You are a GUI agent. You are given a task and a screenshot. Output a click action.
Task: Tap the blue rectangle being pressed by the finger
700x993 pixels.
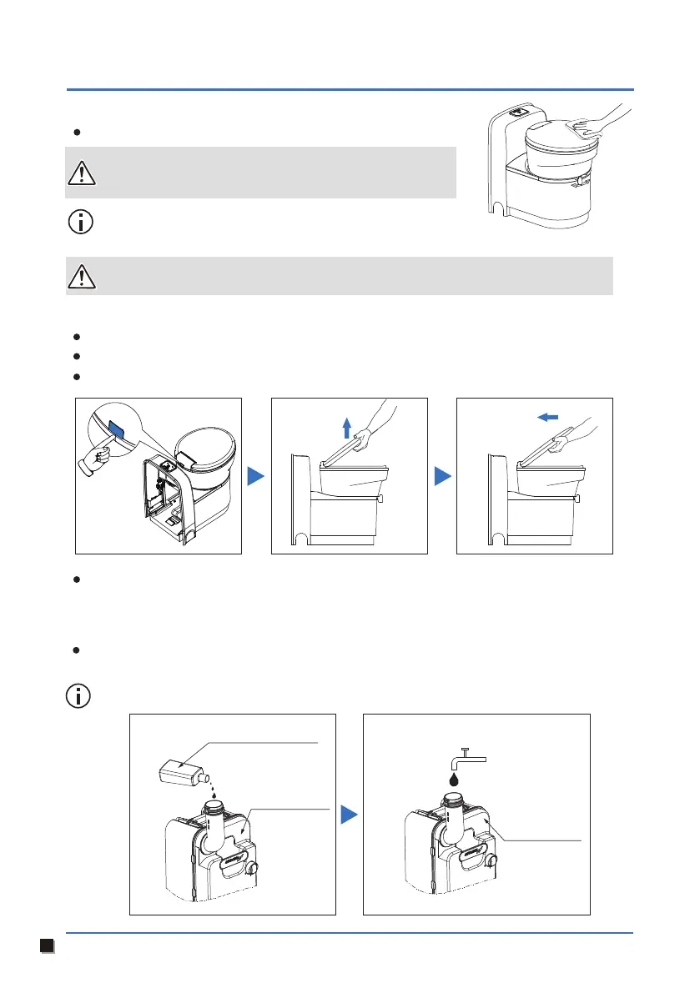pos(116,432)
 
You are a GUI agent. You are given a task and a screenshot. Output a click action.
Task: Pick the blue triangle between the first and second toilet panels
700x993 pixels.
pos(257,476)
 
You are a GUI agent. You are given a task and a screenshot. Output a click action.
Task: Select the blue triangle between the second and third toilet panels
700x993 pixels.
pos(441,476)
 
